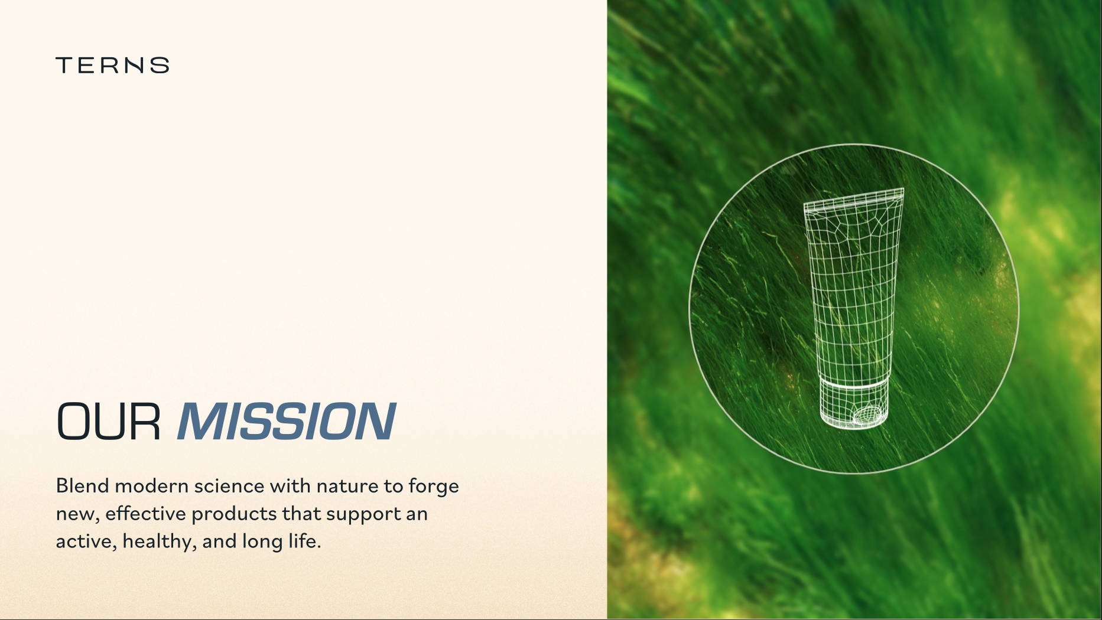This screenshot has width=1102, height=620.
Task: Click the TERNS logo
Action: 112,65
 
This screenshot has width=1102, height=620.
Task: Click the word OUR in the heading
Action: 109,422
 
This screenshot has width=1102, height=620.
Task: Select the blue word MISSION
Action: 287,422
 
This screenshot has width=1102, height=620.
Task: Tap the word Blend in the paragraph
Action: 83,485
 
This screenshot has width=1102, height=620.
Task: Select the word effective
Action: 146,513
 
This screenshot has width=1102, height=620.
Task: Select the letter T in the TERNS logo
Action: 65,65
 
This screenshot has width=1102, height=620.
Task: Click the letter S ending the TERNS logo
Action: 160,65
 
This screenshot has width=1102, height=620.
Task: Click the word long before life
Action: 262,542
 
